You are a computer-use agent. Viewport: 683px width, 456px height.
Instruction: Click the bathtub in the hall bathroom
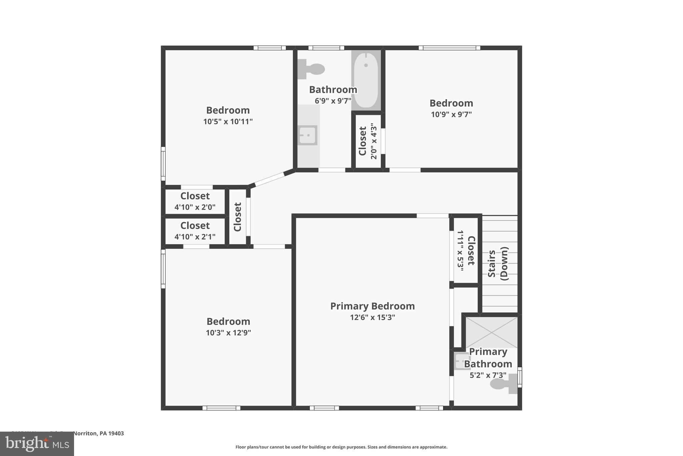tap(366, 80)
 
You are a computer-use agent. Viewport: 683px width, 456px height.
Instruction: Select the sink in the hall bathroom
tap(307, 135)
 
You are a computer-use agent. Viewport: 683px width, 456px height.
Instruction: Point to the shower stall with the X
tap(491, 332)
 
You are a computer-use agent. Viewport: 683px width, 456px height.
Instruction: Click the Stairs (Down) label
tap(498, 264)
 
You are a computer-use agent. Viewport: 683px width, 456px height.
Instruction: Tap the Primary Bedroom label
tap(372, 306)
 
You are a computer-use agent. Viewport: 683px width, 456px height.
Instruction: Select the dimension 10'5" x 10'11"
tap(228, 122)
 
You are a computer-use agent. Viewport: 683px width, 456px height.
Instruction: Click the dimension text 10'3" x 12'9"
tap(228, 333)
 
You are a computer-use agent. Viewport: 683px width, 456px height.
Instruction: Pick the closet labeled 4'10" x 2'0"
tap(195, 201)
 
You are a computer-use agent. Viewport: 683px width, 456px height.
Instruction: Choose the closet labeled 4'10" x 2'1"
tap(195, 231)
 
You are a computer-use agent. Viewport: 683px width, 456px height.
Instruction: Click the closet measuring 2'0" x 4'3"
tap(368, 141)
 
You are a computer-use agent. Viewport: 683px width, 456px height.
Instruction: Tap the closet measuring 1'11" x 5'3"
tap(466, 251)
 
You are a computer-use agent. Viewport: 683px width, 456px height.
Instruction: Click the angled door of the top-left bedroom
tap(269, 179)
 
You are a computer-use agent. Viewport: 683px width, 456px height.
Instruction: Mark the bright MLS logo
tap(37, 444)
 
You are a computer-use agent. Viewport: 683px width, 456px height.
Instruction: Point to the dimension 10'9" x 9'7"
tap(451, 115)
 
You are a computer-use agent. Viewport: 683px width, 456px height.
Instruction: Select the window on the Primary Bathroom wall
tap(519, 377)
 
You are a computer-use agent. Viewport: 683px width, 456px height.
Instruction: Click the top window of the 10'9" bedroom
tap(449, 48)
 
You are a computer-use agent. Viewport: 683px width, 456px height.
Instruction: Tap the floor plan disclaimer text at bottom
tap(341, 447)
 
